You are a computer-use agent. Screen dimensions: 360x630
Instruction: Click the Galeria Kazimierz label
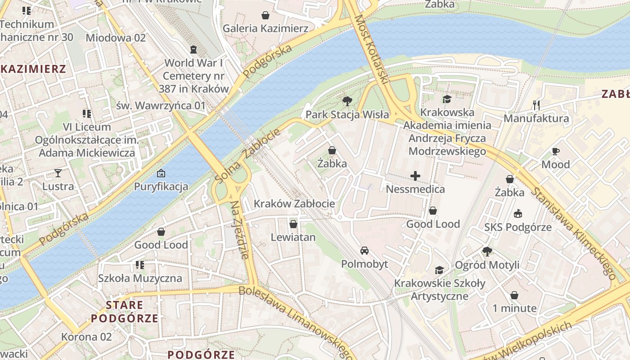[265, 28]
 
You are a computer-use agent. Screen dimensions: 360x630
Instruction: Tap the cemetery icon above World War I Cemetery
[193, 49]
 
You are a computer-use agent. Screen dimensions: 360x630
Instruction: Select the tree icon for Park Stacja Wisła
[347, 101]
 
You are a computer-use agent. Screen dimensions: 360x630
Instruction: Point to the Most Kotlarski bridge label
[371, 49]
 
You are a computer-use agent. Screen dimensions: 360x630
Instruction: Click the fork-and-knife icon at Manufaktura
[536, 105]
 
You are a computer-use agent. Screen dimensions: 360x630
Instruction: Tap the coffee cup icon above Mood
[555, 151]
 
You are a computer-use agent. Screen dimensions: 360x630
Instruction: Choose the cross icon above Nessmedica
[415, 176]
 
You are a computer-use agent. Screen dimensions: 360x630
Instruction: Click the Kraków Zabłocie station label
[294, 203]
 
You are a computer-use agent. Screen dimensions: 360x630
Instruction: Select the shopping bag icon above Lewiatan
[293, 224]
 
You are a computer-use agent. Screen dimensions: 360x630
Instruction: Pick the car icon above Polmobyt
[364, 250]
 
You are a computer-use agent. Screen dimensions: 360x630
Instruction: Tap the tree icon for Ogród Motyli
[487, 251]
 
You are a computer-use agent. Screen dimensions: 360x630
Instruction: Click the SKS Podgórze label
[518, 227]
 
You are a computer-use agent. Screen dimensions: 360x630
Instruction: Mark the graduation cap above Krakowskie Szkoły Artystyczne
[439, 270]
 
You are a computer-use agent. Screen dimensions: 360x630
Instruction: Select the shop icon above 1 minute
[514, 295]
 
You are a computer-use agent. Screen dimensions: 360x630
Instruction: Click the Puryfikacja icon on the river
[161, 173]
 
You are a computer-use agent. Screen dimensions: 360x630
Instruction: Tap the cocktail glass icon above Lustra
[58, 173]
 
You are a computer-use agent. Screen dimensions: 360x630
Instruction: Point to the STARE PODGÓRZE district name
[125, 312]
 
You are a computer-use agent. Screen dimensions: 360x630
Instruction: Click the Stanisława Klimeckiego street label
[574, 233]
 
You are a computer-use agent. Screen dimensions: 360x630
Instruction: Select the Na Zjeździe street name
[239, 229]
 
